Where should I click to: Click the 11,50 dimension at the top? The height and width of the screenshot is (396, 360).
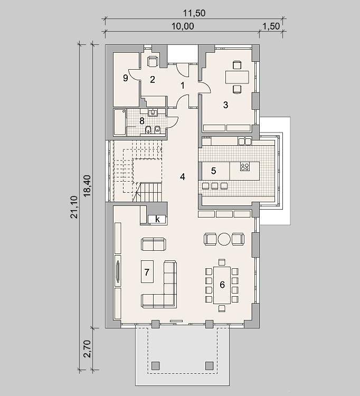[x=194, y=13]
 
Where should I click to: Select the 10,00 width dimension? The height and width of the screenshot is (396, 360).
[x=183, y=26]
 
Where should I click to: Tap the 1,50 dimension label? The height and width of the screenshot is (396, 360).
[x=271, y=26]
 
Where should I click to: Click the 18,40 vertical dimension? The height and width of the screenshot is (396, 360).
[x=88, y=186]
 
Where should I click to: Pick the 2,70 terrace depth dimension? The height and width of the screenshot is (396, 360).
[x=87, y=348]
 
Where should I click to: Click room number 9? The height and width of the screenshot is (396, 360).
[x=126, y=78]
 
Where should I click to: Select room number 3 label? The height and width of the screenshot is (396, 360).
[x=226, y=105]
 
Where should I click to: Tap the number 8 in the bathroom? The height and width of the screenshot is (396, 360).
[x=142, y=121]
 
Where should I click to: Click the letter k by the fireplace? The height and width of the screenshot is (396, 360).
[x=157, y=220]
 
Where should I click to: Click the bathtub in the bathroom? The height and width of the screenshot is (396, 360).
[x=120, y=122]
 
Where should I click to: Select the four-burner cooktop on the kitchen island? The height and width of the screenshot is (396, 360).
[x=245, y=167]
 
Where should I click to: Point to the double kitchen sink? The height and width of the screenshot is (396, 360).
[x=244, y=141]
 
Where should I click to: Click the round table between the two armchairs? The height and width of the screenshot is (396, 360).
[x=224, y=239]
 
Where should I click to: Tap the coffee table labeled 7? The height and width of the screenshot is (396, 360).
[x=147, y=271]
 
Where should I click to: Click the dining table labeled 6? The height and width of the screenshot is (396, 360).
[x=222, y=285]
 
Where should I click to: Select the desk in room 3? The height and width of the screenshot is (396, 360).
[x=237, y=77]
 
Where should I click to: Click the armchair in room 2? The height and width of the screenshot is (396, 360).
[x=153, y=61]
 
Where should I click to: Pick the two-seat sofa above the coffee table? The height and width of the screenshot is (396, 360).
[x=154, y=244]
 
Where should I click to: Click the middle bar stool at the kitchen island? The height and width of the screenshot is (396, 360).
[x=215, y=186]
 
